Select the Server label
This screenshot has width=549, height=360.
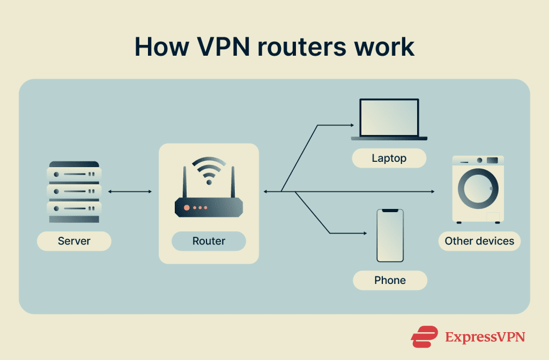(74, 241)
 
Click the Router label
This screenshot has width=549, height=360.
(209, 241)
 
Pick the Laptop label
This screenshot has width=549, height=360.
(389, 158)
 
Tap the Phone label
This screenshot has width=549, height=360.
(390, 280)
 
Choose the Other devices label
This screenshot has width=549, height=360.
(479, 241)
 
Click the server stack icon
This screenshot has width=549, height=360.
(74, 192)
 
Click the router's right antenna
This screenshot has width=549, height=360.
(233, 182)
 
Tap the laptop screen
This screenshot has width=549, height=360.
(389, 117)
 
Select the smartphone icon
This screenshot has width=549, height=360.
(390, 235)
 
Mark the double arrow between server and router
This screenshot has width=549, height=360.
(130, 191)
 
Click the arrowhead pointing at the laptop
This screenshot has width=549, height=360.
(352, 125)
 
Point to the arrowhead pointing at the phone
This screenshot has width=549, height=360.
(364, 233)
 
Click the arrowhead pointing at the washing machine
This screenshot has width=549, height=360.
(432, 191)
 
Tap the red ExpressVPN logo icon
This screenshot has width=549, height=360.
(425, 336)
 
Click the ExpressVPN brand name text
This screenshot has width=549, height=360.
(485, 337)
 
